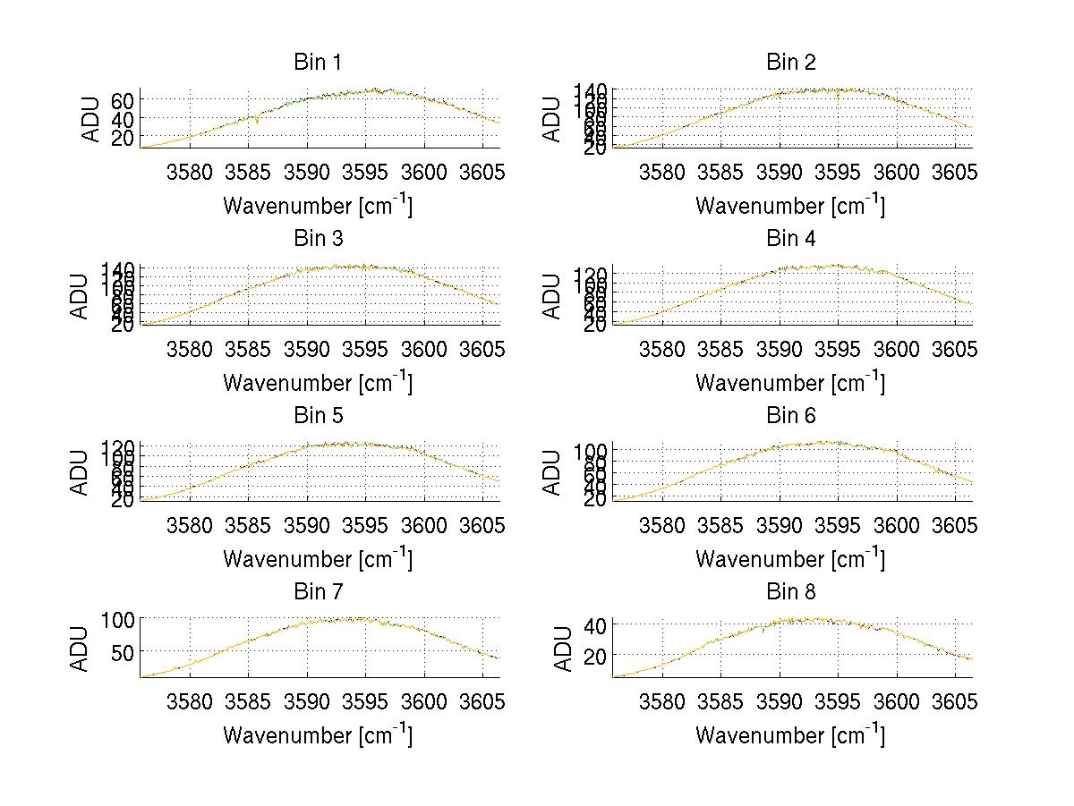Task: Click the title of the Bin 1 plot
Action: [317, 63]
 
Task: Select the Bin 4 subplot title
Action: [790, 239]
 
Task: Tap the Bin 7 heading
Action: [317, 592]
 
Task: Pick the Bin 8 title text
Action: [790, 592]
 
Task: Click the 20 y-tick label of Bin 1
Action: [123, 137]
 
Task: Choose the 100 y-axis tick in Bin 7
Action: [117, 618]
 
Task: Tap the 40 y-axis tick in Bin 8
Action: [595, 624]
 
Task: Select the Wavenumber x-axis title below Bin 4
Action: [790, 382]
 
